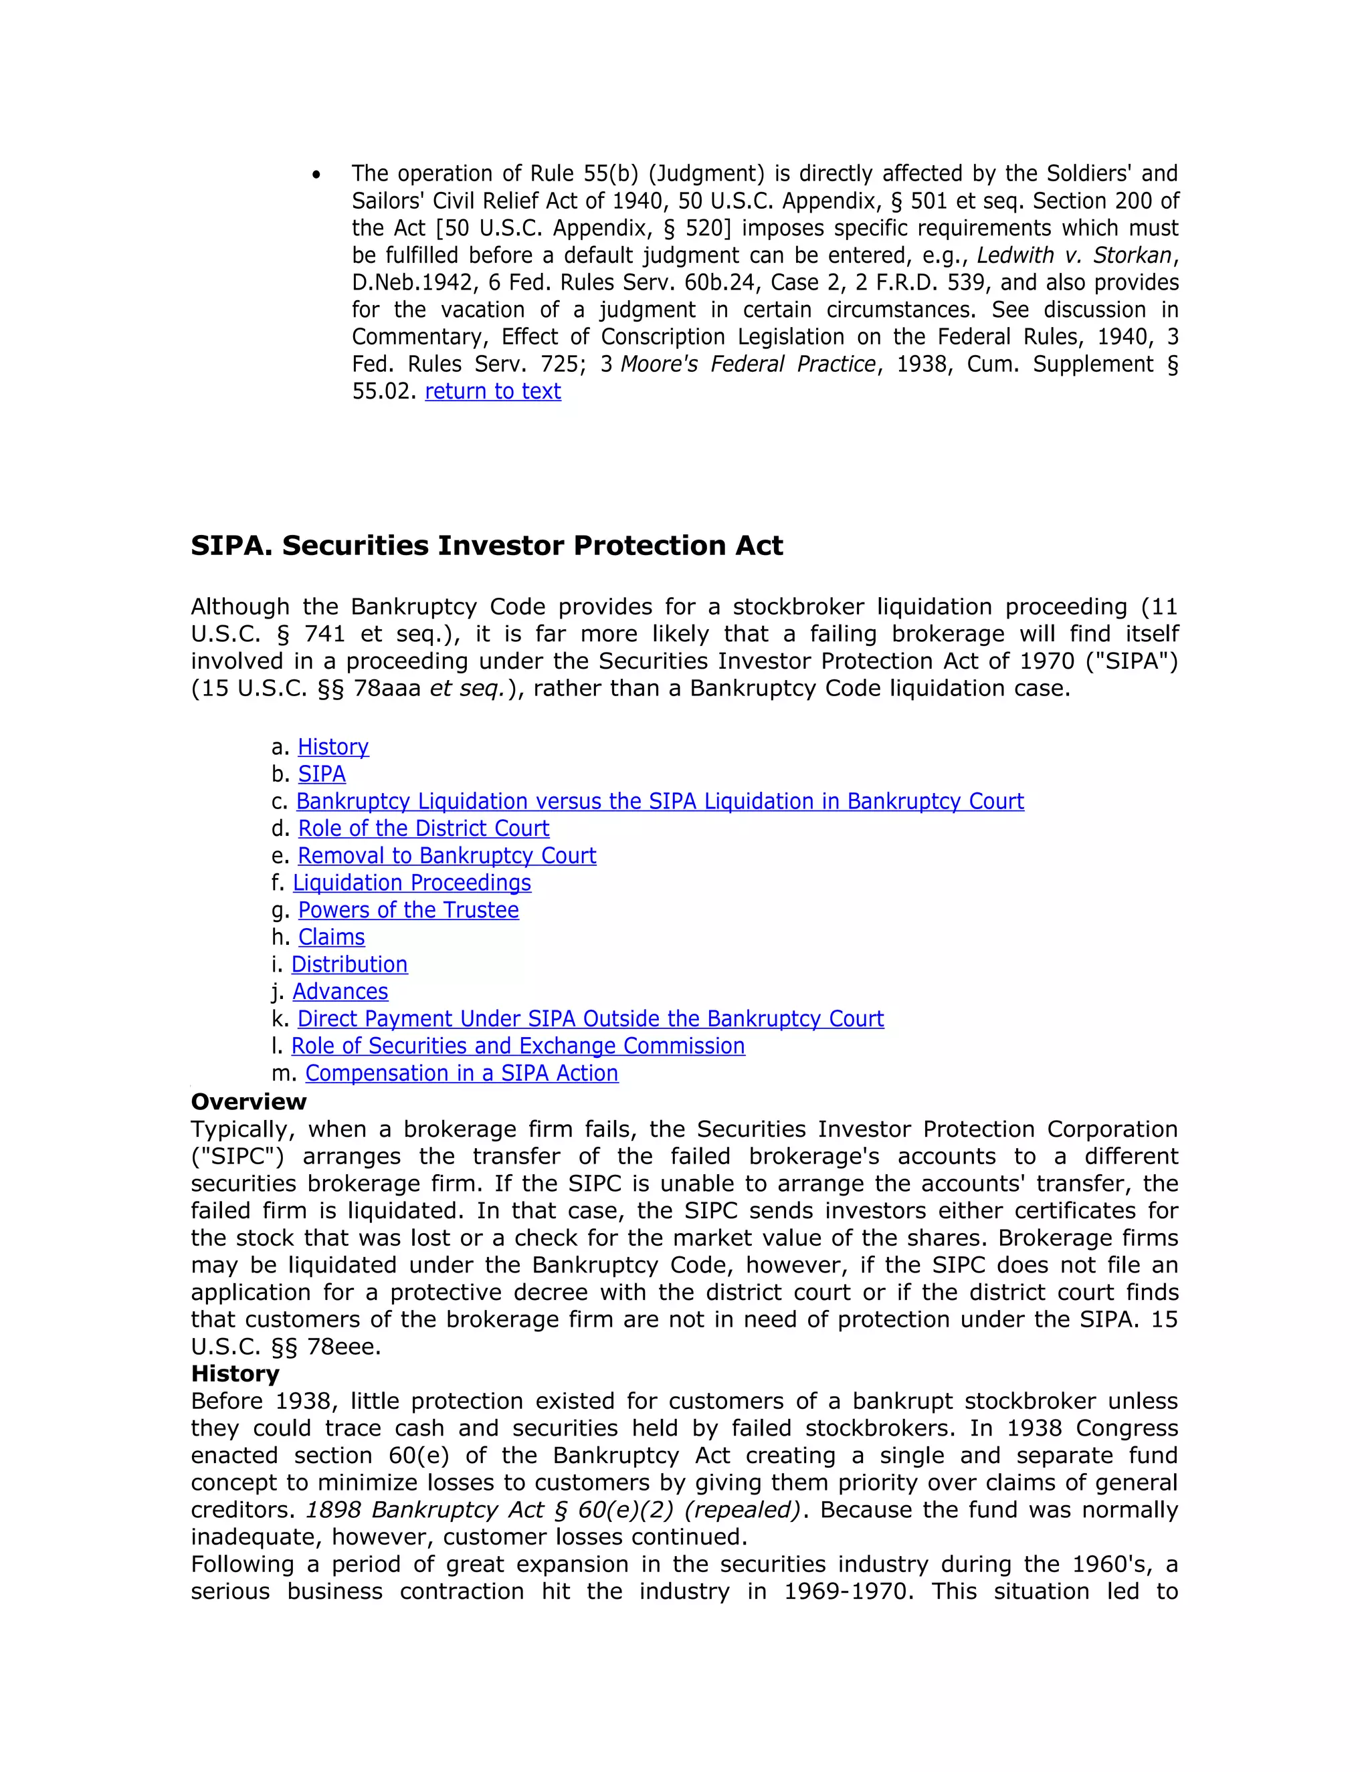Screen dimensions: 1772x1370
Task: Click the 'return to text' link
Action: (492, 391)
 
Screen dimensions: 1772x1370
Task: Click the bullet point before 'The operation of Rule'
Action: (316, 175)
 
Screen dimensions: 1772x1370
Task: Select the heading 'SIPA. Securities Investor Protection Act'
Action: (486, 545)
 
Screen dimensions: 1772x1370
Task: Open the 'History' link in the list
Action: (332, 746)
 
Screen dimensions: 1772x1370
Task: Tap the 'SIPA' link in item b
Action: (321, 774)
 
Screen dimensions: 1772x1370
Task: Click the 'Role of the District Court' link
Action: (423, 828)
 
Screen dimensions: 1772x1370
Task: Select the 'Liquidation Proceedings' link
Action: (411, 883)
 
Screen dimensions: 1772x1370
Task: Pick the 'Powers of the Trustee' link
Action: (408, 909)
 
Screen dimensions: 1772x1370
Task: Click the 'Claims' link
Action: (331, 937)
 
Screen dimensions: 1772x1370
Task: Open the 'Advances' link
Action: (340, 992)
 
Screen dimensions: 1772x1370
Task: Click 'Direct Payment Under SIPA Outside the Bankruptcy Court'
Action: (590, 1018)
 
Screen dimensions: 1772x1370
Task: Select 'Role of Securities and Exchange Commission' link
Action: (518, 1046)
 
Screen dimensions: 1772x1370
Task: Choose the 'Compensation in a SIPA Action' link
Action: (461, 1073)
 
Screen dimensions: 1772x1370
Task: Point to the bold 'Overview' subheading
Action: (248, 1102)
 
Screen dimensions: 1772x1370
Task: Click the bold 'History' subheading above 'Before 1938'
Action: (235, 1373)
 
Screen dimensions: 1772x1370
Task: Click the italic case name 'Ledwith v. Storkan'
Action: (1074, 255)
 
